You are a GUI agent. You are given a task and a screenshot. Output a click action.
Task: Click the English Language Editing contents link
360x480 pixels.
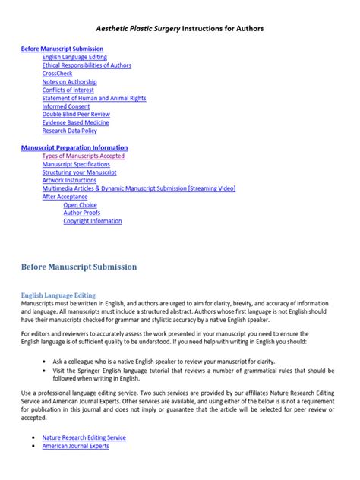click(74, 57)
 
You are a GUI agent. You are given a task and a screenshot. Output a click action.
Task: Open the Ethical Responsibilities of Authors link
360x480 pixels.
click(87, 65)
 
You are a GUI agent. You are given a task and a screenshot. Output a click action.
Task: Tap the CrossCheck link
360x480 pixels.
click(58, 74)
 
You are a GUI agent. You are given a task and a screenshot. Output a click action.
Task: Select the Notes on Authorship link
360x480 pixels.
click(69, 82)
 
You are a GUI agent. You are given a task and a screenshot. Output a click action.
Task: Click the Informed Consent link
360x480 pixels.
click(65, 106)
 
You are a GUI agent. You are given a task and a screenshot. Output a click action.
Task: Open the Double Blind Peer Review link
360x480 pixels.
click(77, 115)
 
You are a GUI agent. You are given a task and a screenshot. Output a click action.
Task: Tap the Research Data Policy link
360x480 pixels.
click(70, 131)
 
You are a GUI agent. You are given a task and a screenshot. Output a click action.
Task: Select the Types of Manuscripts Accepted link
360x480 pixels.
click(84, 156)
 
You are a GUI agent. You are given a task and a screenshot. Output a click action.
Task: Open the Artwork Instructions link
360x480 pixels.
click(70, 181)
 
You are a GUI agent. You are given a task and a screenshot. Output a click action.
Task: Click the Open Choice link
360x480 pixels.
click(80, 205)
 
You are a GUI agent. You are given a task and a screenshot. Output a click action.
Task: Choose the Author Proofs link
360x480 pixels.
click(82, 213)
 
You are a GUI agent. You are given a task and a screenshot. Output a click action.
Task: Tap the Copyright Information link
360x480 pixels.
click(93, 221)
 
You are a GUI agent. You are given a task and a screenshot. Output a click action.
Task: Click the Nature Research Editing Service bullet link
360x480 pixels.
click(84, 437)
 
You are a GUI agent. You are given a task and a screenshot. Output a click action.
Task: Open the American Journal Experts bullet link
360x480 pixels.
click(76, 446)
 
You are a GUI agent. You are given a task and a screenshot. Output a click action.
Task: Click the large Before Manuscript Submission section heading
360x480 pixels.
click(79, 267)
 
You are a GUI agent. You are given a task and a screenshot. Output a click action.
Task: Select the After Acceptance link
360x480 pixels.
click(65, 197)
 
